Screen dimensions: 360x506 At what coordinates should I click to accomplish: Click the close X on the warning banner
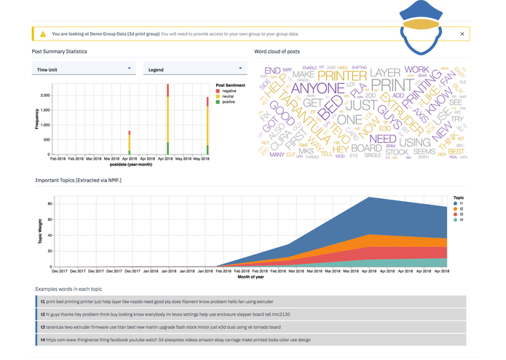pos(462,34)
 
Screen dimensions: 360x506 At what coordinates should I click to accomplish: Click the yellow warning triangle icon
pos(44,34)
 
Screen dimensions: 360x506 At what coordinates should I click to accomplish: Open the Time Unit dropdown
pos(84,69)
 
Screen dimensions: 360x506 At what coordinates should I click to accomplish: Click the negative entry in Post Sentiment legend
pos(230,90)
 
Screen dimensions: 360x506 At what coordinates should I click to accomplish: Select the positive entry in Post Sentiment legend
pos(230,101)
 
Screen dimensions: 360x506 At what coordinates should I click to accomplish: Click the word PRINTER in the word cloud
pos(342,74)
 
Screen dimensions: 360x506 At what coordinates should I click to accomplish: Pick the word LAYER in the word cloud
pos(385,73)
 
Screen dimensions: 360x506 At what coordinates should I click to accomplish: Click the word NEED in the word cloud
pos(383,138)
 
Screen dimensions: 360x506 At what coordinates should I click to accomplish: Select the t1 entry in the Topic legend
pos(458,204)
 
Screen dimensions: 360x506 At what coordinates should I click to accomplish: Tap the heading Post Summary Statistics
pos(59,52)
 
